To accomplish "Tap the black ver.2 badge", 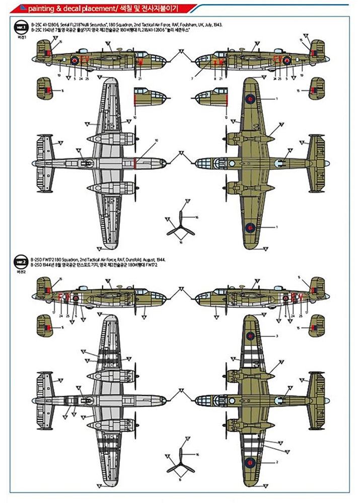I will pyautogui.click(x=20, y=262).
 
